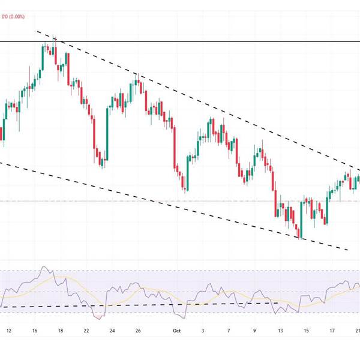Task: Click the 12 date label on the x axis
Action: pyautogui.click(x=8, y=330)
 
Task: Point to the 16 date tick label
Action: pyautogui.click(x=35, y=330)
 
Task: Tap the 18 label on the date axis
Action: pyautogui.click(x=61, y=330)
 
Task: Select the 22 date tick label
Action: pyautogui.click(x=86, y=330)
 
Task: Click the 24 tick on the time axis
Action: pyautogui.click(x=112, y=330)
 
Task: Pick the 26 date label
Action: pyautogui.click(x=138, y=330)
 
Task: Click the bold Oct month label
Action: pyautogui.click(x=176, y=330)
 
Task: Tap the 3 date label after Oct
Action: pyautogui.click(x=203, y=330)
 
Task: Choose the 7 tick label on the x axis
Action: pyautogui.click(x=229, y=330)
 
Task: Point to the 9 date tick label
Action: pyautogui.click(x=254, y=330)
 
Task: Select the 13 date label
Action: pyautogui.click(x=280, y=330)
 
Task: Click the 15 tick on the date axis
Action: pyautogui.click(x=306, y=330)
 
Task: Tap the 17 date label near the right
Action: pyautogui.click(x=332, y=330)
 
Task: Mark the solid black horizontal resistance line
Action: pyautogui.click(x=180, y=41)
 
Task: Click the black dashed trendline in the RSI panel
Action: pyautogui.click(x=150, y=305)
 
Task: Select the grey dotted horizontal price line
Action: pyautogui.click(x=180, y=201)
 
